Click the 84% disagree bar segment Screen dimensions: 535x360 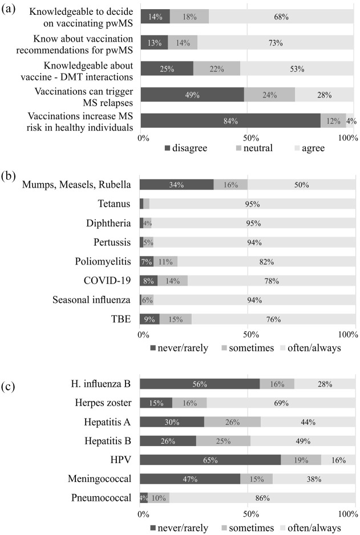click(x=230, y=121)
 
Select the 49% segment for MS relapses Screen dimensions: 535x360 click(x=192, y=95)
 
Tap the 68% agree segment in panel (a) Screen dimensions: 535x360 click(x=281, y=17)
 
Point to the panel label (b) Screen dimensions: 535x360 click(x=10, y=177)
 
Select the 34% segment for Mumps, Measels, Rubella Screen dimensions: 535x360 click(x=176, y=184)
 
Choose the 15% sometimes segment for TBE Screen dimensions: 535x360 click(x=175, y=319)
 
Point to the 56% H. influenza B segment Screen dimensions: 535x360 click(x=200, y=384)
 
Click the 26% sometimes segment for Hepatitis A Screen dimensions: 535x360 click(x=232, y=422)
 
